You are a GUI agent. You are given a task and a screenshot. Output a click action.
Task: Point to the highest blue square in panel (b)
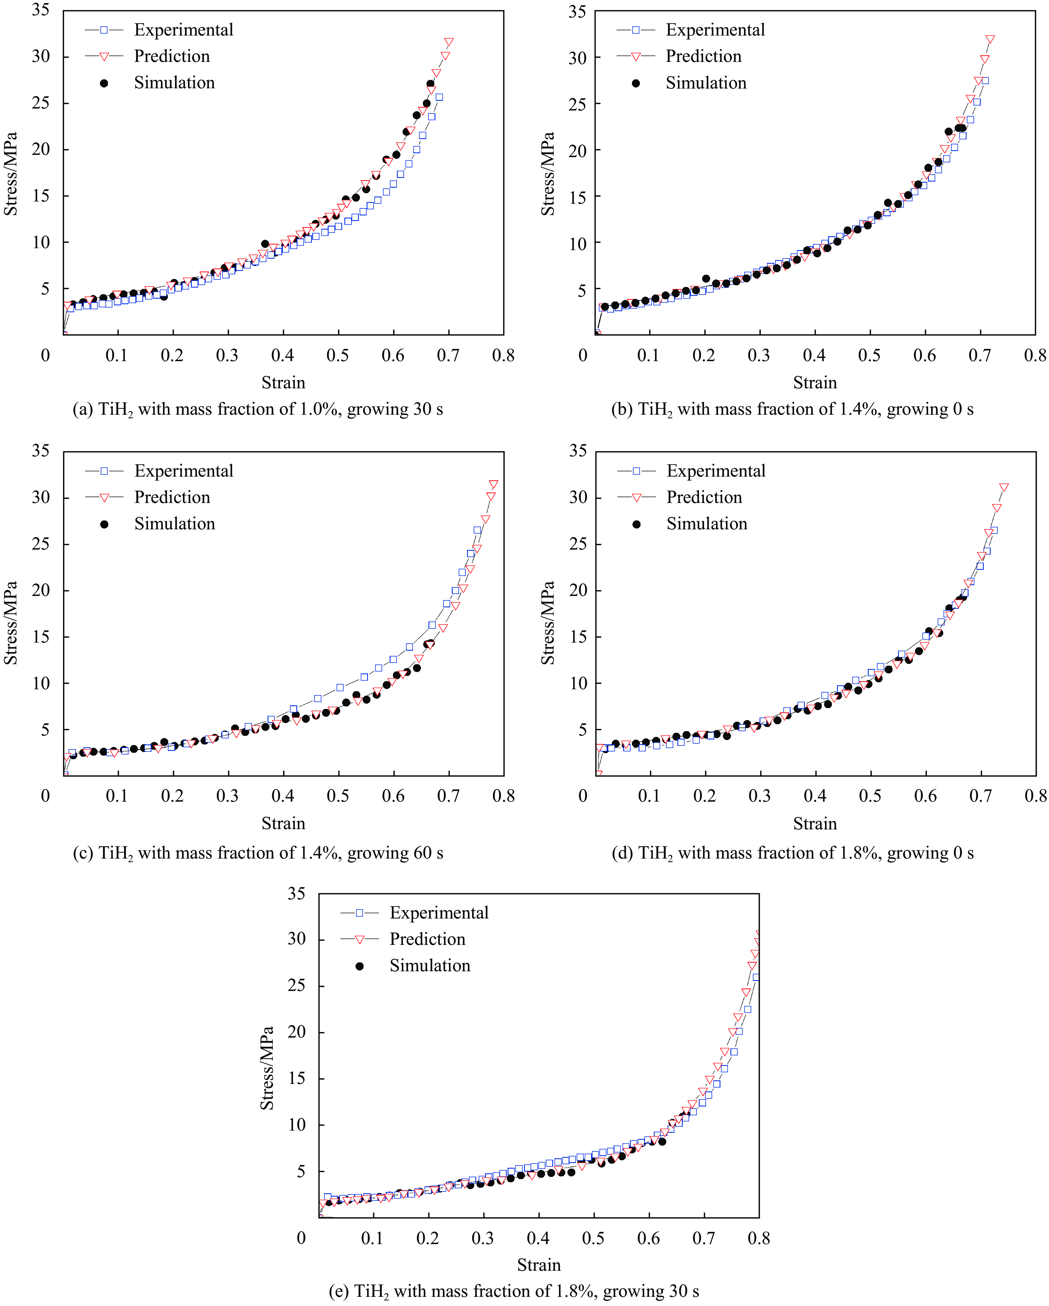point(985,80)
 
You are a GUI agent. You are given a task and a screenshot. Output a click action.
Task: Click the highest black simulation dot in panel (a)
point(430,84)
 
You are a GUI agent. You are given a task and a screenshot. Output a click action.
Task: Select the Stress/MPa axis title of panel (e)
point(267,1067)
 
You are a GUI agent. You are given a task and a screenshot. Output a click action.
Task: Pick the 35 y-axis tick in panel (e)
point(296,894)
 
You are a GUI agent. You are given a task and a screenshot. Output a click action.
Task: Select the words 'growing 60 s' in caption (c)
point(395,853)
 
